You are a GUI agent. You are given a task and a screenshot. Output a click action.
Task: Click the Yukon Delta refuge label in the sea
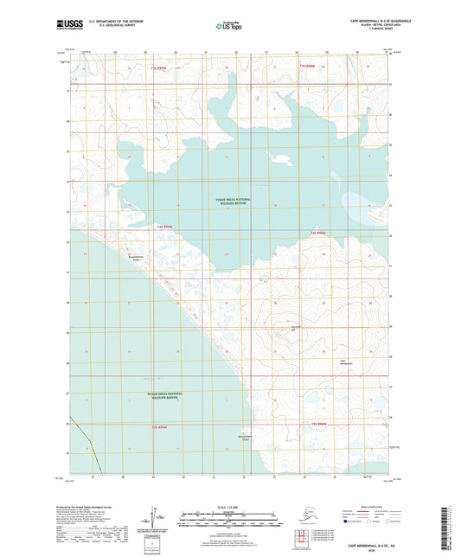[158, 395]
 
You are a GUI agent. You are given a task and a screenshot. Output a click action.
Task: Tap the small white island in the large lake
[279, 157]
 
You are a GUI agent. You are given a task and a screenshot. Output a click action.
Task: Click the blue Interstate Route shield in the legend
[346, 522]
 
